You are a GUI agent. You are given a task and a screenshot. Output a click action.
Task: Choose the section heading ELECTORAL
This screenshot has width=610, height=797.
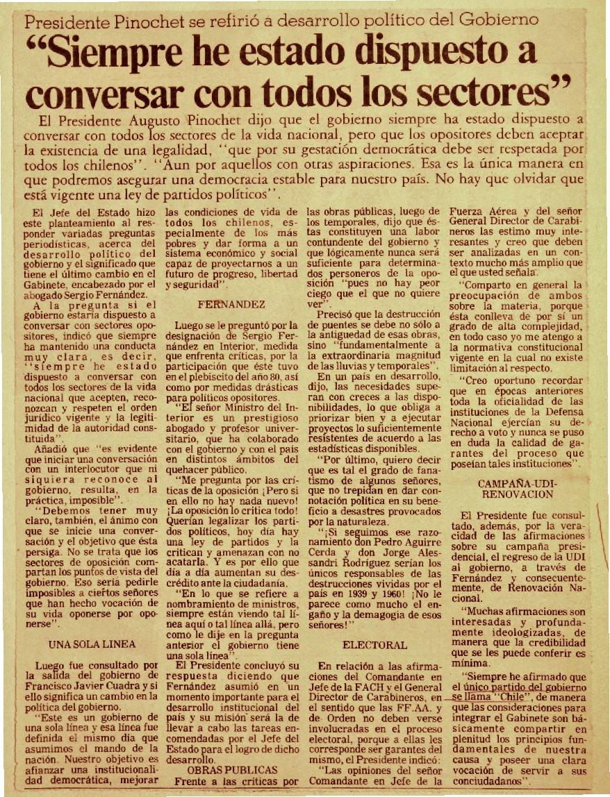click(374, 645)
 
